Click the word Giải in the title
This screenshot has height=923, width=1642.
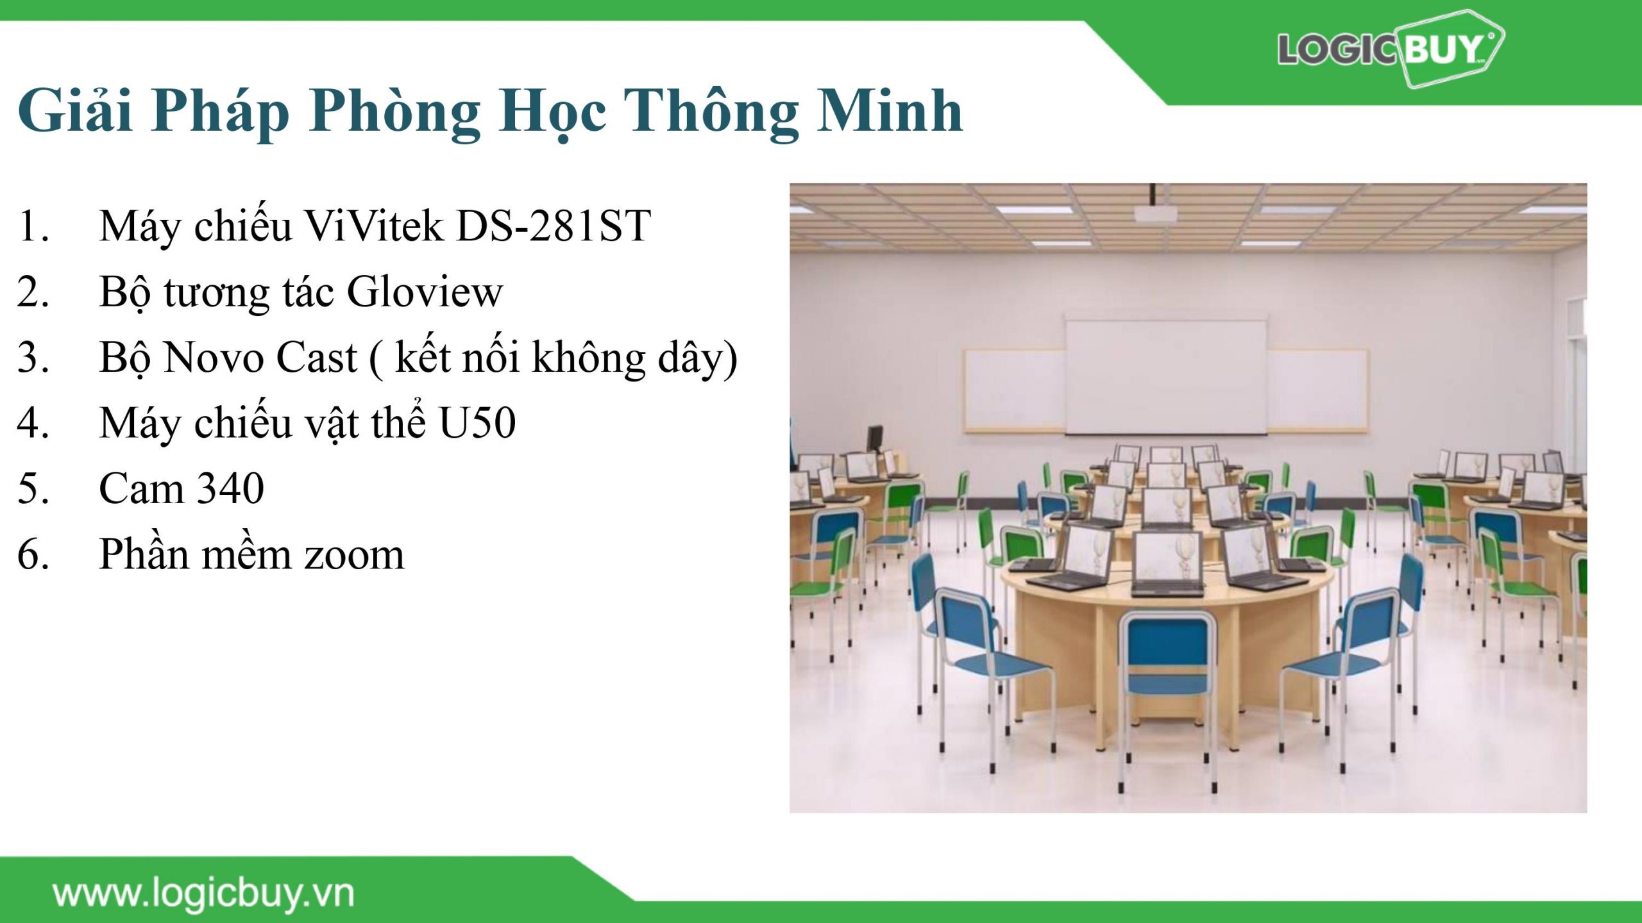click(x=76, y=110)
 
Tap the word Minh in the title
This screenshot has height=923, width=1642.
click(x=890, y=110)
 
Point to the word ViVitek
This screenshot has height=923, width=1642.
click(x=373, y=226)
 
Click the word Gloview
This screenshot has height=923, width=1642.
click(x=425, y=292)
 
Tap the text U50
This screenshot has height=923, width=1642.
click(x=478, y=423)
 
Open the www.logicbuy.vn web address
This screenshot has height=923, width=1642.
click(x=203, y=894)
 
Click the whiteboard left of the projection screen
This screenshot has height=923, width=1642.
click(x=1015, y=390)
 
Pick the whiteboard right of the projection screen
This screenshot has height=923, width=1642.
click(x=1317, y=390)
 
